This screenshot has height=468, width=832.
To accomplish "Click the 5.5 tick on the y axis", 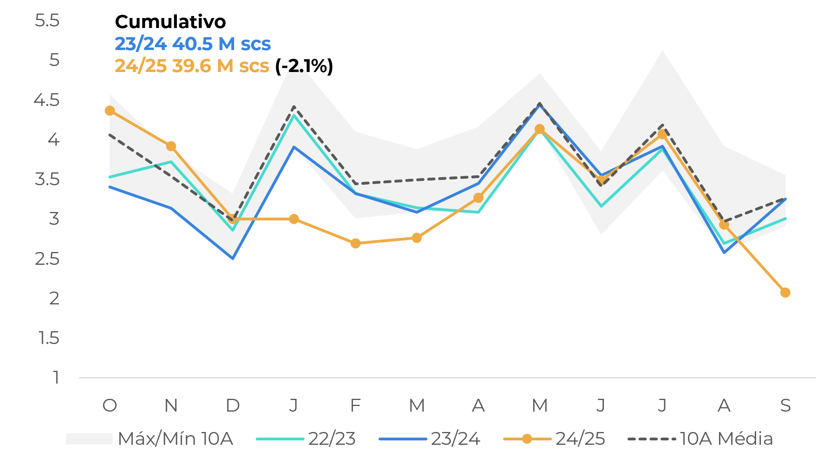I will tap(47, 21).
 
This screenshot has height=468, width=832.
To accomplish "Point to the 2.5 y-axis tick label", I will tap(47, 259).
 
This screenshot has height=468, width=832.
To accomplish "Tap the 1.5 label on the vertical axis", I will tap(49, 338).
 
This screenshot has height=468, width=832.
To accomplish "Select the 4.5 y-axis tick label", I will tap(46, 100).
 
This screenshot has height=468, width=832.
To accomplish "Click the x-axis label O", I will tap(110, 406).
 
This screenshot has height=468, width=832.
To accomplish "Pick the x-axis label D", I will tap(233, 406).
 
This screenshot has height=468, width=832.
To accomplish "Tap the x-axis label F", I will tap(355, 406).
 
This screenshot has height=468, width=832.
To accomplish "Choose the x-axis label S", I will tap(785, 406).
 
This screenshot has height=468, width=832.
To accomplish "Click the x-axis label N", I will tap(171, 406).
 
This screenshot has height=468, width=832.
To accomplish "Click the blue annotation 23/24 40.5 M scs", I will tap(192, 44).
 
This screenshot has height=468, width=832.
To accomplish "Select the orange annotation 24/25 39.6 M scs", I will tap(192, 66).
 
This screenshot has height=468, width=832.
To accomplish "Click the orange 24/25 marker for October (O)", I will tap(110, 111).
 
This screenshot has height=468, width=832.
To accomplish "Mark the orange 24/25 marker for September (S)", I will tap(785, 293).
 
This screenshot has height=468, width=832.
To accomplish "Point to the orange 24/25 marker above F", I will tap(355, 243).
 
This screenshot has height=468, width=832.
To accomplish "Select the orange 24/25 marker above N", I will tap(171, 146).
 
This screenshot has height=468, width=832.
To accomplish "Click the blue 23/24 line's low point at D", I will tap(233, 258).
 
